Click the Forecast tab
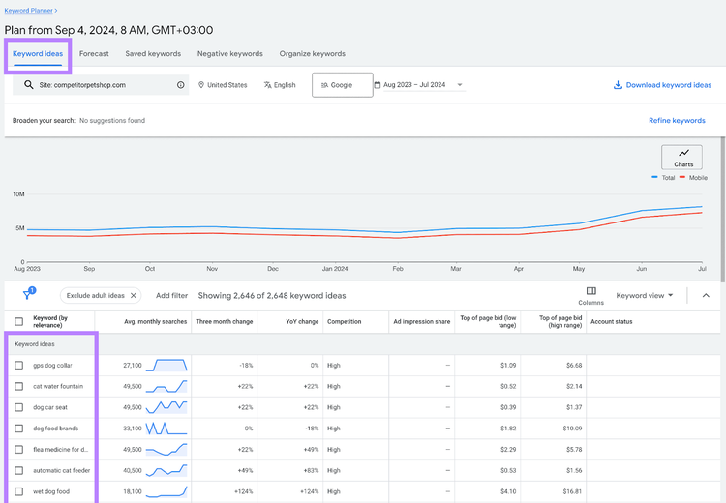94,53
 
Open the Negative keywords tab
230,53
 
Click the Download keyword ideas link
662,85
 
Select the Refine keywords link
677,120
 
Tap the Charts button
681,158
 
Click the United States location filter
223,85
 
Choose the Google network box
342,85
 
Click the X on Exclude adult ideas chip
134,295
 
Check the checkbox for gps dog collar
19,365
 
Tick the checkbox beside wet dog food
19,491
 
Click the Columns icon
591,291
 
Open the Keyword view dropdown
644,295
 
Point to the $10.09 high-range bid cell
572,429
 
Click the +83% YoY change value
310,471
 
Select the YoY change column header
302,321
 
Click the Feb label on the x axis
398,268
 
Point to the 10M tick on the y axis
18,194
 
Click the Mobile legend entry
694,178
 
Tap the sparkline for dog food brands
166,429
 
